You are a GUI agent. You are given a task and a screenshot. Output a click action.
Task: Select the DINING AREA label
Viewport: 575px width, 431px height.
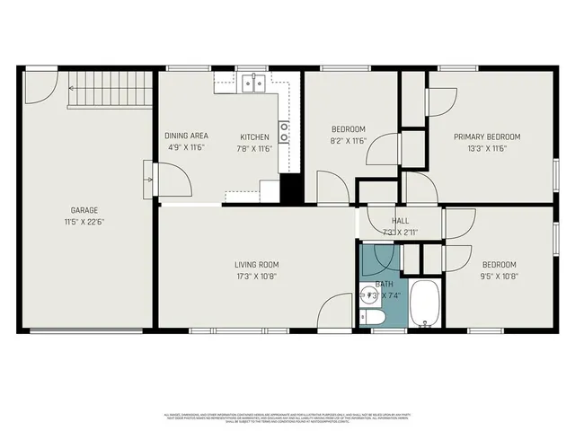click(186, 136)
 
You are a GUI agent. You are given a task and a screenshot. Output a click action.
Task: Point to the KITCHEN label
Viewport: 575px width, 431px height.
click(253, 136)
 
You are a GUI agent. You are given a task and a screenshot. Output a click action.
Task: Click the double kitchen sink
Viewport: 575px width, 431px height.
click(252, 84)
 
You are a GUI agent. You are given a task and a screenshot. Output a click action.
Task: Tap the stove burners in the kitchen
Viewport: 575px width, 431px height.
click(284, 133)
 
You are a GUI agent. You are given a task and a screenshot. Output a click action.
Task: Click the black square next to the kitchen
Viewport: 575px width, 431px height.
click(290, 189)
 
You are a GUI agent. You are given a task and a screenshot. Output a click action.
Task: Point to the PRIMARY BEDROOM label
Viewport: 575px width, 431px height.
click(486, 136)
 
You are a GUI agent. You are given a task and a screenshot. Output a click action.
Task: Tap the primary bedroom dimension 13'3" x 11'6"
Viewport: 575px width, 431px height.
click(486, 149)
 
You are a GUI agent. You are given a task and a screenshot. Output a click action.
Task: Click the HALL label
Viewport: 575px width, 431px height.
click(400, 221)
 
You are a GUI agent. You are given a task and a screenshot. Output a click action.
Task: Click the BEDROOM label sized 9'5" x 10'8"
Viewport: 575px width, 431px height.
click(499, 265)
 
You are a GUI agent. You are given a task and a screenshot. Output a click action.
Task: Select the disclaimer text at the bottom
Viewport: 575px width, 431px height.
click(287, 418)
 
